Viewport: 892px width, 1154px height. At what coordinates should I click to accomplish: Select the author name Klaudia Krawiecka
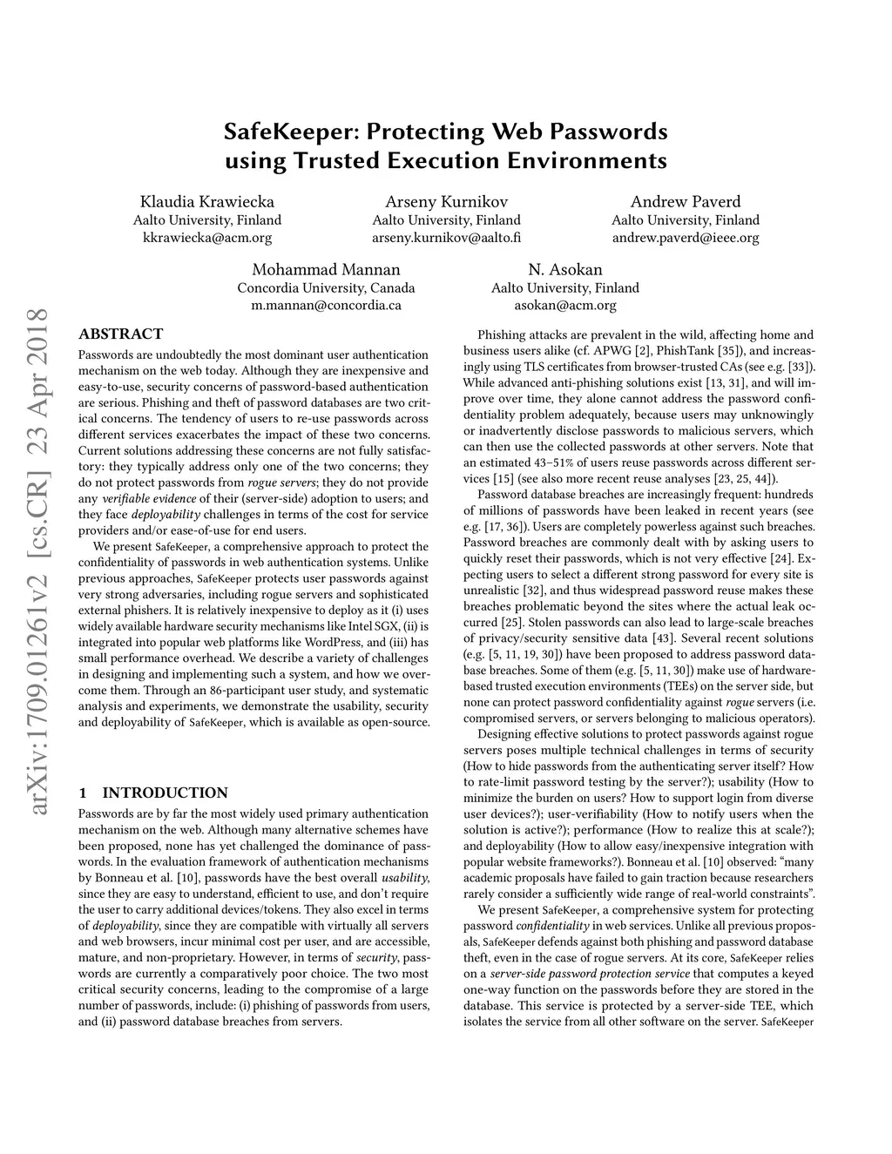click(x=207, y=202)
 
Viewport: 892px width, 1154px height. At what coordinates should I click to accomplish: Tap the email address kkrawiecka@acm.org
click(x=207, y=238)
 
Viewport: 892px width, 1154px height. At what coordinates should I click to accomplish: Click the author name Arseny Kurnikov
click(x=446, y=202)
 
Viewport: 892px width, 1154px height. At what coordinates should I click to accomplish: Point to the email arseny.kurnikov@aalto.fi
click(x=446, y=238)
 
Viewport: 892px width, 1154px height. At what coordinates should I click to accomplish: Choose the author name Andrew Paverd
click(x=686, y=202)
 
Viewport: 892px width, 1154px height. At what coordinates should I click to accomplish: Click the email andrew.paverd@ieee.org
click(x=686, y=238)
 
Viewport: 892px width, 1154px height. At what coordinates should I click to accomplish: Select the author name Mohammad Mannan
click(x=326, y=270)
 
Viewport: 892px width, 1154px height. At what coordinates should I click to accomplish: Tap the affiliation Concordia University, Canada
click(x=326, y=288)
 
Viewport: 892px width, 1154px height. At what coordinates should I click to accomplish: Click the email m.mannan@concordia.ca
click(x=326, y=306)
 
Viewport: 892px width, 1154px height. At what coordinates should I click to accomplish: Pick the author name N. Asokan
click(x=564, y=270)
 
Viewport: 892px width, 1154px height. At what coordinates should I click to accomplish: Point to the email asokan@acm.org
click(x=564, y=306)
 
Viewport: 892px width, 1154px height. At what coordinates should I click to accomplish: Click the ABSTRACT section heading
click(x=120, y=334)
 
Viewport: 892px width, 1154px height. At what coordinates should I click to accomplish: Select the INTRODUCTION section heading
click(x=165, y=793)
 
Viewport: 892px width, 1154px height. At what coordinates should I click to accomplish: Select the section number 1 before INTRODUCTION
click(x=82, y=793)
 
